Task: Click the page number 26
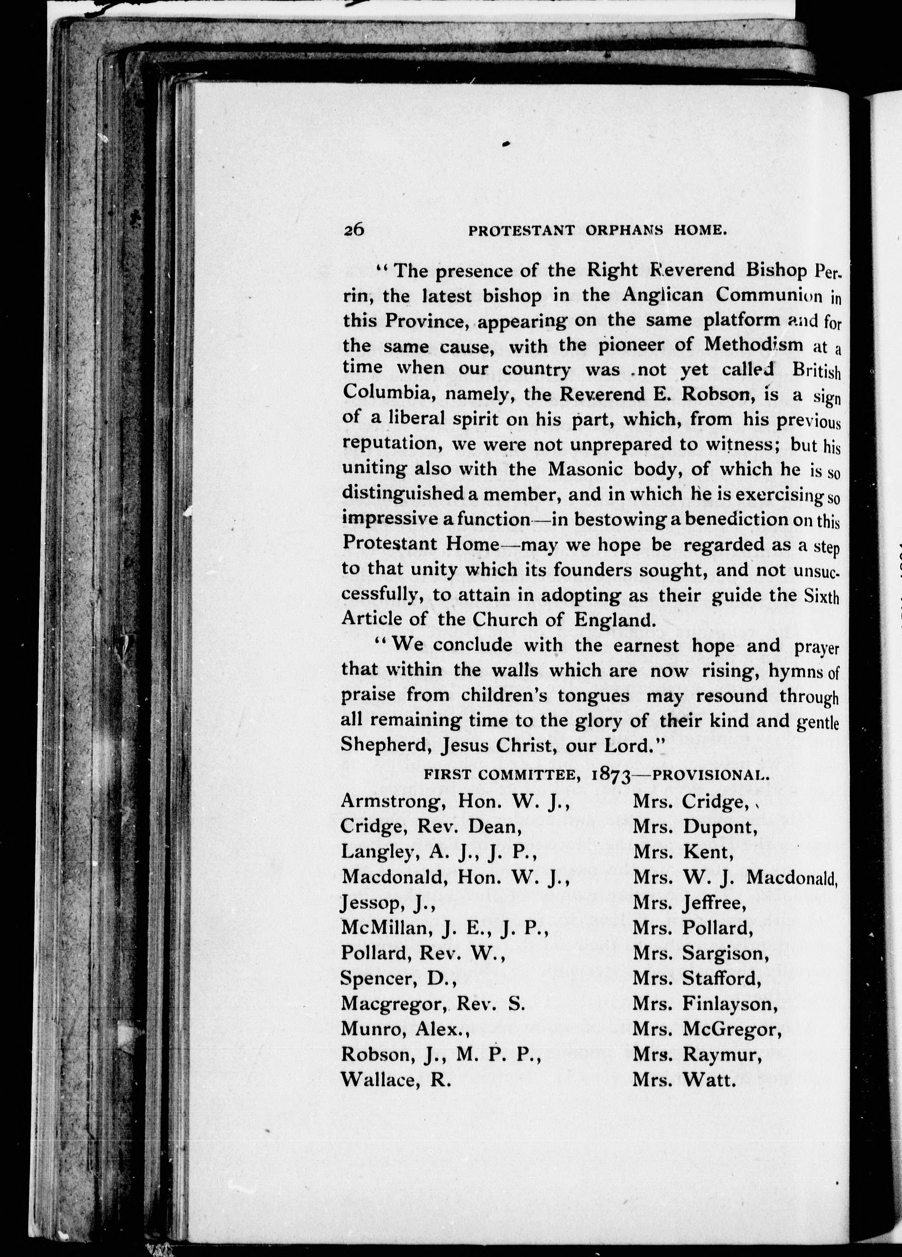[x=353, y=229]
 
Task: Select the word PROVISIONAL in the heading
[x=711, y=775]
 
